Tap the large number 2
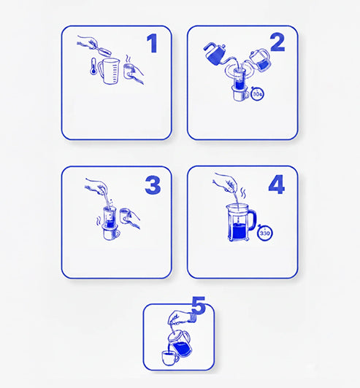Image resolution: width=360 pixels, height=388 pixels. pos(277,42)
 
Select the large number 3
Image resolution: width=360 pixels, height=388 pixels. pos(153,185)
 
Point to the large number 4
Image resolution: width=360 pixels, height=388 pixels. pos(277,185)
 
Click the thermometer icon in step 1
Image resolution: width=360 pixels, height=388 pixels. pos(93,66)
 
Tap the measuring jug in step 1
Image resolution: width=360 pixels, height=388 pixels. pos(109,71)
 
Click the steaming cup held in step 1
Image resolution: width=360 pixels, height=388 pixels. pos(129,71)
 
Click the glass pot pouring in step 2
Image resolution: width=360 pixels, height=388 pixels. pos(260,60)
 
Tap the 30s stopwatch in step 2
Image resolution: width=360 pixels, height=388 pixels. pos(258,93)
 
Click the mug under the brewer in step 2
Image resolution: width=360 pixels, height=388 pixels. pos(241,94)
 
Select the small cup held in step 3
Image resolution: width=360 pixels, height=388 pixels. pos(125,216)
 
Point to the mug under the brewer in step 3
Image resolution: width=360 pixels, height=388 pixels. pos(111,233)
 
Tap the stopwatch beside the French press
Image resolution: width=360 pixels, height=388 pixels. pos(265,233)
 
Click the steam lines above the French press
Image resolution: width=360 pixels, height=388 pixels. pos(244,193)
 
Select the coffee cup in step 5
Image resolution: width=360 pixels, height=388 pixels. pos(170,358)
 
